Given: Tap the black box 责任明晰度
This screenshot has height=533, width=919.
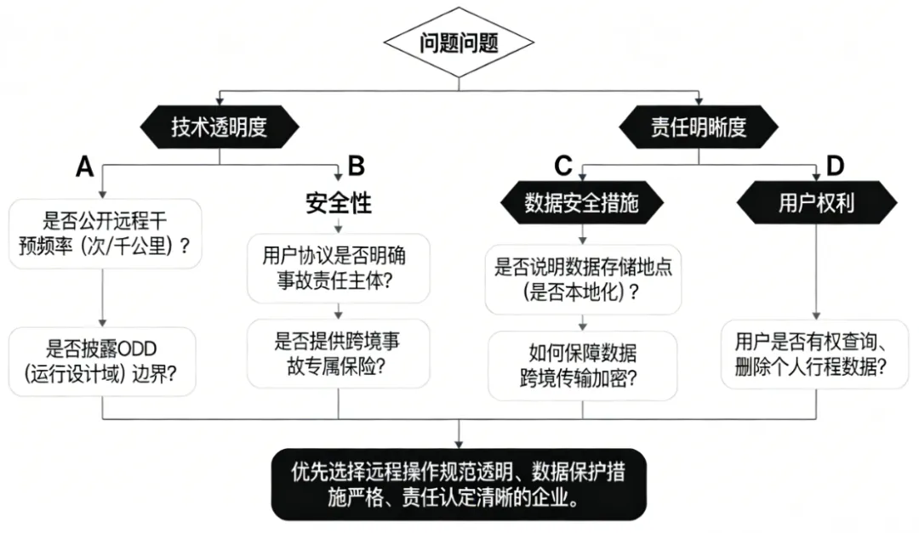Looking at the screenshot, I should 698,127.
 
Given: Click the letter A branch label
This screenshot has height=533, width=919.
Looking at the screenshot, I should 84,167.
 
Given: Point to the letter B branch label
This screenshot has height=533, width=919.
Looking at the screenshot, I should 356,166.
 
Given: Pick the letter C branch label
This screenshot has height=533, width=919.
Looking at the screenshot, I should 562,166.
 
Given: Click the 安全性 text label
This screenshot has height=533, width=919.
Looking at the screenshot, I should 338,204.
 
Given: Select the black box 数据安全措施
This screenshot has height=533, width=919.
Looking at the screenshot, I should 581,204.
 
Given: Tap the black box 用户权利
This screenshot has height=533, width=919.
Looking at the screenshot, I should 816,204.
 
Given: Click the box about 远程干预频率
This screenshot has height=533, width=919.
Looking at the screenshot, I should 103,234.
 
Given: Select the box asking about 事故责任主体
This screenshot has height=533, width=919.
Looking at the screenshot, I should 338,268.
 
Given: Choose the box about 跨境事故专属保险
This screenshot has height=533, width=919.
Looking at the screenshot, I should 338,354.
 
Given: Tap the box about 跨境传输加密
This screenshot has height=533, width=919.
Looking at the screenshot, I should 582,365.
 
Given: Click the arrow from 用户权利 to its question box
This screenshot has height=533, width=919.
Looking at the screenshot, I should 816,272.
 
